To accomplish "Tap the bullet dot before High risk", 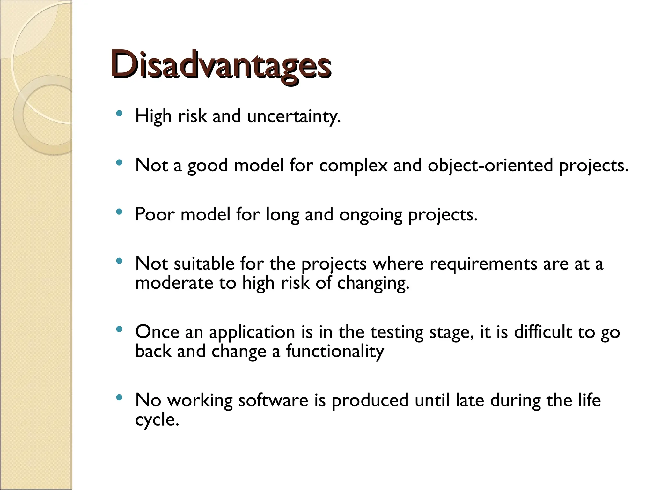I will coord(119,113).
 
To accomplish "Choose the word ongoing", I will coord(371,215).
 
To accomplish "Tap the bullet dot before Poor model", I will coord(119,212).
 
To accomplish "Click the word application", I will coord(252,332).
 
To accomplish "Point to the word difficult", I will coord(543,332).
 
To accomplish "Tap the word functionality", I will coord(334,352).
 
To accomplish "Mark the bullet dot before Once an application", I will coord(119,329).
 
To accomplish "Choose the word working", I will coord(200,401).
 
